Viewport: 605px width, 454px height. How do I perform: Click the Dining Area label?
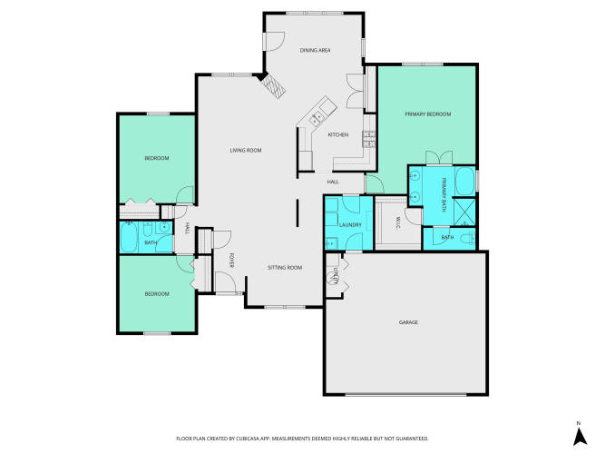point(316,50)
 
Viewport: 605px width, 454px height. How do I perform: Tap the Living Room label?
point(246,151)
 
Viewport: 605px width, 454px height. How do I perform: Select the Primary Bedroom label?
point(428,114)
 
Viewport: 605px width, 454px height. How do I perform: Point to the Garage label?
point(408,322)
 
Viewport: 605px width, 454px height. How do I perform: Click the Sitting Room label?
point(285,267)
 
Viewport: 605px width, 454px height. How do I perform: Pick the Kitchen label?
point(338,134)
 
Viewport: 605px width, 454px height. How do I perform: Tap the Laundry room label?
point(350,225)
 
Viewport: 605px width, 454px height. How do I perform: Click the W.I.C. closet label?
point(398,223)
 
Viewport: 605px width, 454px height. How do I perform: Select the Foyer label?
point(232,261)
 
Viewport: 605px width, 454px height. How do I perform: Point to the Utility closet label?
point(336,276)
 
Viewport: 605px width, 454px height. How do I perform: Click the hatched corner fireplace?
point(274,85)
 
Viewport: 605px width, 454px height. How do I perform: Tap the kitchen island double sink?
point(317,118)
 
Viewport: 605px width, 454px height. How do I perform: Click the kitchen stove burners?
point(369,139)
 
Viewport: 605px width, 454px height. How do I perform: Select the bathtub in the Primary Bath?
point(465,182)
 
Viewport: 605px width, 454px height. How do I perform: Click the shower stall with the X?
point(464,212)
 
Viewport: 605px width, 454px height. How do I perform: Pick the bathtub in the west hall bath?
point(129,237)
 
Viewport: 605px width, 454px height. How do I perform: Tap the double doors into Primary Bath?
point(439,158)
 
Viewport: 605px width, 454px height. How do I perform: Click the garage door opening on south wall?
point(406,394)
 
